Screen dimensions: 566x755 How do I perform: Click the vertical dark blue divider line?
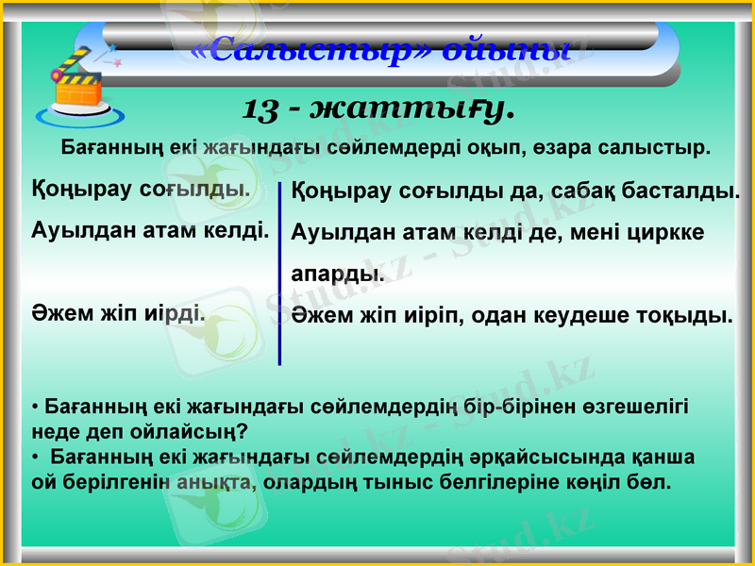(x=279, y=274)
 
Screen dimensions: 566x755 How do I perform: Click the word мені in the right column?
(x=596, y=232)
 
